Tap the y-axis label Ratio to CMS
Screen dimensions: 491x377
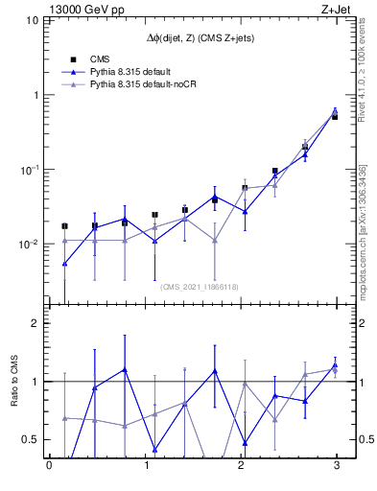click(x=16, y=382)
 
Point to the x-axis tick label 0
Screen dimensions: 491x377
click(x=49, y=467)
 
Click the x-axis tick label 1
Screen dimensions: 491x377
click(x=145, y=467)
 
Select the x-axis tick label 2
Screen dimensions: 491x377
click(x=240, y=467)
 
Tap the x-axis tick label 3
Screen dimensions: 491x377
click(x=335, y=467)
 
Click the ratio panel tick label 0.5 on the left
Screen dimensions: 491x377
click(x=31, y=439)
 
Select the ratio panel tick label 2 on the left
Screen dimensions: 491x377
click(x=35, y=323)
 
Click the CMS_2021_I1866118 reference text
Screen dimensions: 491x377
click(x=199, y=286)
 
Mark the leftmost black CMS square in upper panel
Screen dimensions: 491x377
click(x=64, y=226)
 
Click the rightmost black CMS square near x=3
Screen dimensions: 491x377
click(x=335, y=116)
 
